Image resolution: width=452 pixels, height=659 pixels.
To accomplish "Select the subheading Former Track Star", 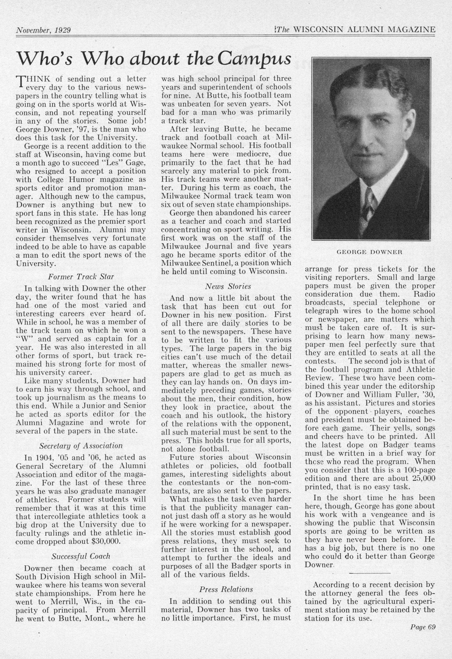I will tap(81, 276).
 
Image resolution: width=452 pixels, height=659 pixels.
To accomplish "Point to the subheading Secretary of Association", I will tap(81, 446).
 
